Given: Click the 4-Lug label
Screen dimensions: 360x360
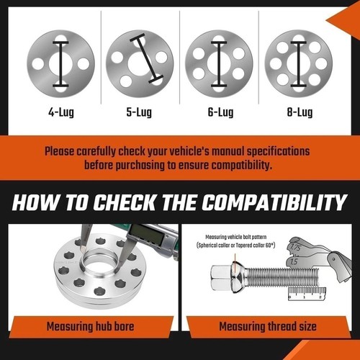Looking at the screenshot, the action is (x=61, y=112).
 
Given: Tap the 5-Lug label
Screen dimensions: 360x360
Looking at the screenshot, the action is (x=139, y=112).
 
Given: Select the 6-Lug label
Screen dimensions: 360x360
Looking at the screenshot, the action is (x=220, y=112).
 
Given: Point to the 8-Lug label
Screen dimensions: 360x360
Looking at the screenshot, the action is (x=300, y=112).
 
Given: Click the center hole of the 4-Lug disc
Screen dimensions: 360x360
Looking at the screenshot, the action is (x=60, y=64).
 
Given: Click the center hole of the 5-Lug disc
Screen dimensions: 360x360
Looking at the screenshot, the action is (x=140, y=64).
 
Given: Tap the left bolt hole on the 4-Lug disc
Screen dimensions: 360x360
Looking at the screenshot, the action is (x=38, y=64).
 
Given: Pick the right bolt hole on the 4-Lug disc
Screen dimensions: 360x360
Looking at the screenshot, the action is (x=84, y=64).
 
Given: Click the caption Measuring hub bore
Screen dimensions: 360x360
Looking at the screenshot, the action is (x=90, y=326).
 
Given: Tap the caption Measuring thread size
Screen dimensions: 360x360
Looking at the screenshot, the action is (x=268, y=326).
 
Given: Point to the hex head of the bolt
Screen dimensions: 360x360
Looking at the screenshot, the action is (x=220, y=278).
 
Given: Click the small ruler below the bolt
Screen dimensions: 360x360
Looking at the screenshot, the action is (x=307, y=294).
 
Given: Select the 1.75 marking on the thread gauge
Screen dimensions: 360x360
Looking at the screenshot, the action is (x=295, y=247).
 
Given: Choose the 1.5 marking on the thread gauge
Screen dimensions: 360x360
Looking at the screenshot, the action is (x=294, y=261).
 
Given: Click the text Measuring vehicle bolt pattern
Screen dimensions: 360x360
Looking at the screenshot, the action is (x=236, y=237).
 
